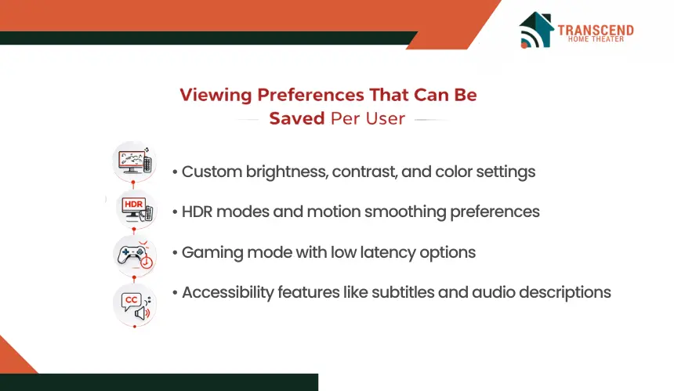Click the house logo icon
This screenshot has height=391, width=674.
pos(536,30)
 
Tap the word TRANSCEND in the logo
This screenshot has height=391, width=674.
pos(596,30)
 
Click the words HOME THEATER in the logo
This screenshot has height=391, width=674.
pos(596,39)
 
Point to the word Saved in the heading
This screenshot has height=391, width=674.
pos(296,118)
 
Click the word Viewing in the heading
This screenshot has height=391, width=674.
pos(216,95)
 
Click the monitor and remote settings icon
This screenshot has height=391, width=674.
pos(135,161)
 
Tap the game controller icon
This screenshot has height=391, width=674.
pos(135,256)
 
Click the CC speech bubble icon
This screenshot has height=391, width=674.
pos(135,305)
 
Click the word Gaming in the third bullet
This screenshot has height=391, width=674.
pos(212,252)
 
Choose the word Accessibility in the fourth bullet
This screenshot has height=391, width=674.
pos(228,292)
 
